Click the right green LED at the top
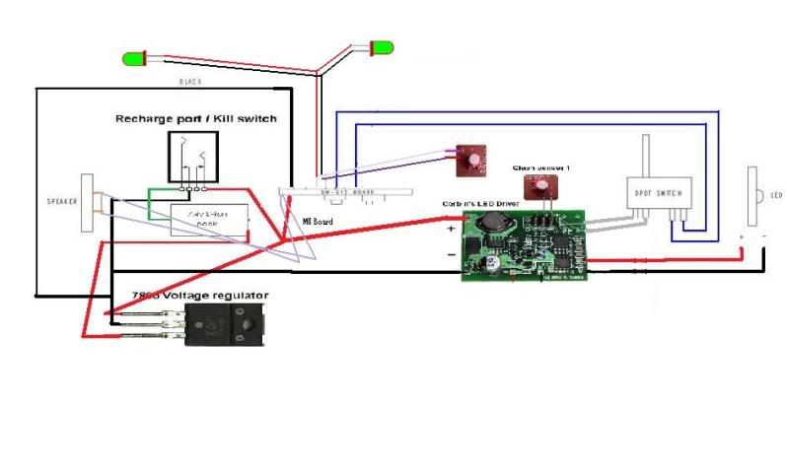[x=378, y=47]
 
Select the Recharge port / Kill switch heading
[x=196, y=119]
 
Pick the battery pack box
[x=208, y=219]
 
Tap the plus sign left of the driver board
[x=452, y=229]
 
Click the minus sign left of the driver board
[x=452, y=253]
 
